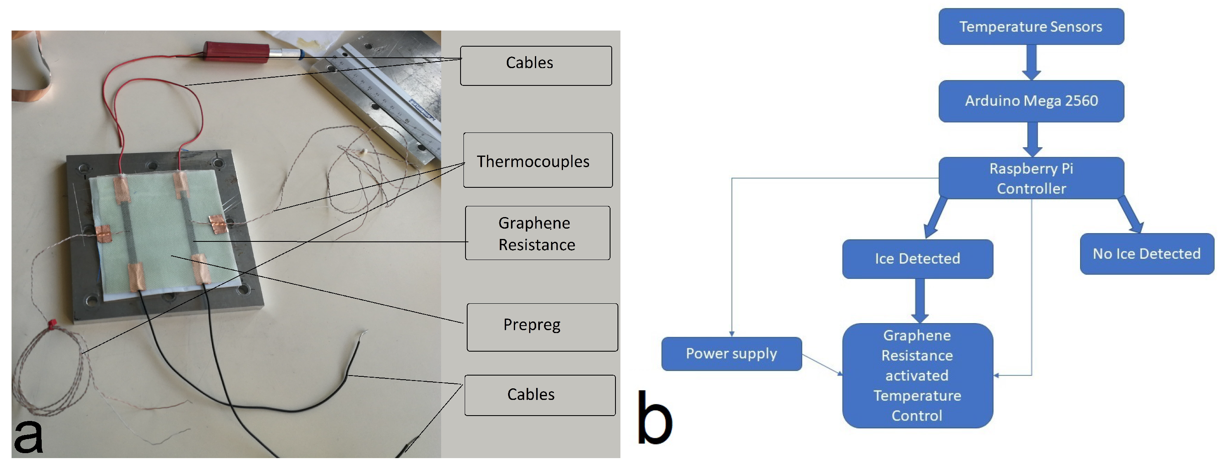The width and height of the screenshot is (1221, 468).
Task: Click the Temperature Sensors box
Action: (x=1031, y=26)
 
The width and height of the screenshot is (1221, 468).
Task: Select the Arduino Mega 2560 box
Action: (x=1031, y=101)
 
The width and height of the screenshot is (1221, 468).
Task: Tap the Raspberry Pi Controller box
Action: (x=1031, y=178)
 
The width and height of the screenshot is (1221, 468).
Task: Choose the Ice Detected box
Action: (x=917, y=259)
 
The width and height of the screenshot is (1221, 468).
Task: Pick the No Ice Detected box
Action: (x=1147, y=254)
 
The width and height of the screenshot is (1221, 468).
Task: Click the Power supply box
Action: (x=732, y=353)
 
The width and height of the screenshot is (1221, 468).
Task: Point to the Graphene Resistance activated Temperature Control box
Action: (x=917, y=375)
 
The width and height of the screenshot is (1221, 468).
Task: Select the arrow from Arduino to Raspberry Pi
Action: (x=1031, y=139)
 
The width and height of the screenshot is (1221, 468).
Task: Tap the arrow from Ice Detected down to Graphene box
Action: (x=919, y=300)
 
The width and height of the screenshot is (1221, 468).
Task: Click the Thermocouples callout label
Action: (x=537, y=161)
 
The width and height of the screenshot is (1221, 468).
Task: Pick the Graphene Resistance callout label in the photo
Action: (x=537, y=233)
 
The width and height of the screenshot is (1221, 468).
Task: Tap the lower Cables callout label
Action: (x=539, y=395)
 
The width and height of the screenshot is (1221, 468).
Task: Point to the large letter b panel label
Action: (x=654, y=418)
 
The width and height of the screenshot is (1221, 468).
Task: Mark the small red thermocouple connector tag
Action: (x=51, y=324)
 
